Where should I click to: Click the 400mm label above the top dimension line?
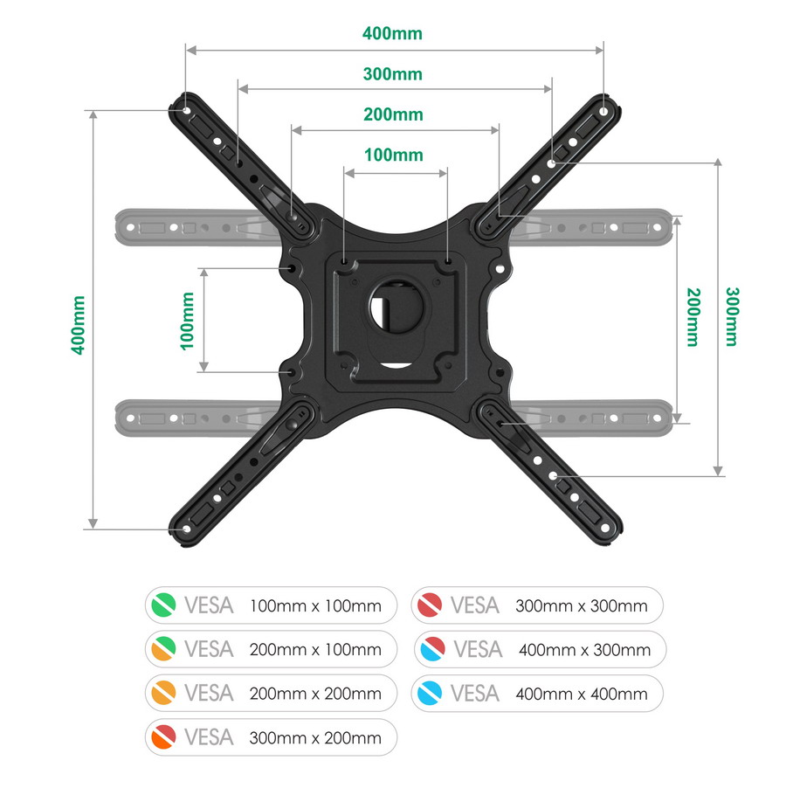pos(392,34)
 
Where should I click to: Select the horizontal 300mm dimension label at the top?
pos(393,74)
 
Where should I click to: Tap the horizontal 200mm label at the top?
pos(393,114)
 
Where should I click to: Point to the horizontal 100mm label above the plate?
pos(394,155)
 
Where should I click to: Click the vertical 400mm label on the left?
pos(79,325)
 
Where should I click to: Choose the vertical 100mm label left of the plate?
pos(187,321)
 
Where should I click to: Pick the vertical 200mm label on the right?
pos(693,317)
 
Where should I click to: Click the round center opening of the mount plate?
pos(396,307)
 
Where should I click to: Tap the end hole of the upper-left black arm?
pos(186,111)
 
